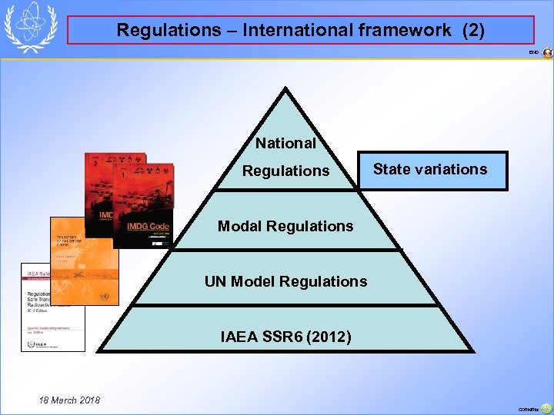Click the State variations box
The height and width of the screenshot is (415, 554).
[430, 170]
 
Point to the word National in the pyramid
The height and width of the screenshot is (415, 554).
[285, 143]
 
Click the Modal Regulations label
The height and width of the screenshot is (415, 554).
[285, 226]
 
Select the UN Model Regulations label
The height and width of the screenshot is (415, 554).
[285, 281]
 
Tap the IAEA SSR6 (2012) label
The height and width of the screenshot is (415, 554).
[285, 337]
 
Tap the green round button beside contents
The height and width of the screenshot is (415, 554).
[546, 408]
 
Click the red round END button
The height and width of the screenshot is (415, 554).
[547, 53]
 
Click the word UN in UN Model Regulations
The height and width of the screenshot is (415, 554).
[215, 281]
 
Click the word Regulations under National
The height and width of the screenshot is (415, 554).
[285, 171]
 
